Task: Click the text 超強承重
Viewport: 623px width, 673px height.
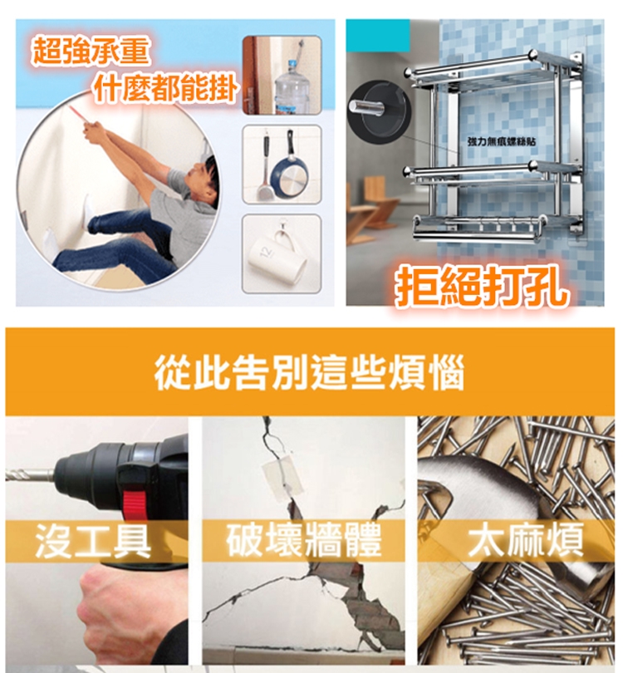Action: (x=91, y=51)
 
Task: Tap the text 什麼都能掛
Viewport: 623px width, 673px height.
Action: (x=165, y=89)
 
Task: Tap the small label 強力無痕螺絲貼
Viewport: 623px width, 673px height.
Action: (x=501, y=141)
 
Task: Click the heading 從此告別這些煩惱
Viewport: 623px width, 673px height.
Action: (x=309, y=372)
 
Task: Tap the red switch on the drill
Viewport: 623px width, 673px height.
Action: (x=135, y=506)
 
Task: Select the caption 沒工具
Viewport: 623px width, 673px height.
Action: (x=92, y=541)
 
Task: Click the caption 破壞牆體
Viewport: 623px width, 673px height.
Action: (x=304, y=540)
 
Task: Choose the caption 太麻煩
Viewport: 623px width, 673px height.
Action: (x=525, y=540)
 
